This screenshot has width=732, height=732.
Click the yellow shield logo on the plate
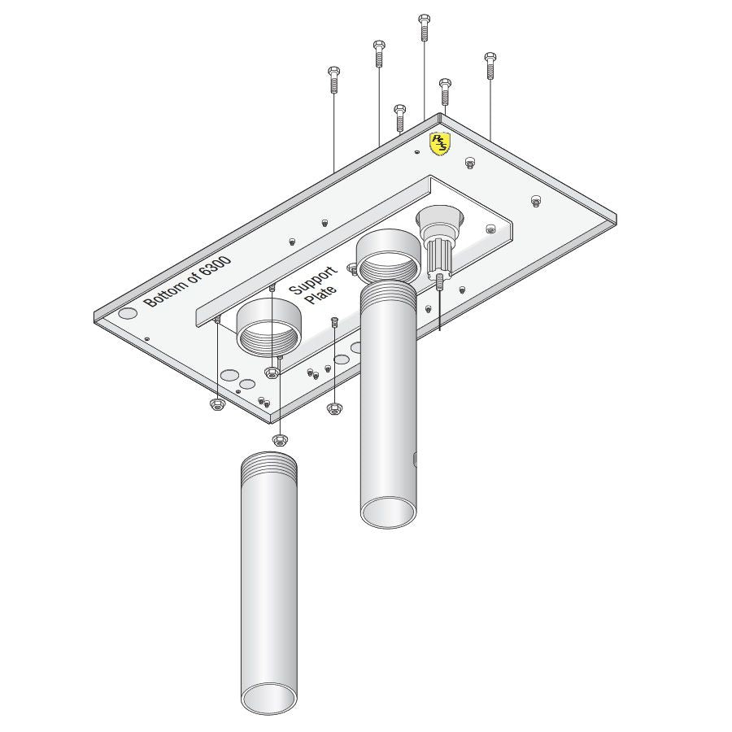pyautogui.click(x=440, y=144)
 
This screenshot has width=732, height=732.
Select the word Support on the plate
pyautogui.click(x=314, y=279)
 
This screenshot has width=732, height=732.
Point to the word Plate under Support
pyautogui.click(x=321, y=295)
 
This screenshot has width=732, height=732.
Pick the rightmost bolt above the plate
pyautogui.click(x=490, y=65)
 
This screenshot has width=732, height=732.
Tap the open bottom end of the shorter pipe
pyautogui.click(x=388, y=512)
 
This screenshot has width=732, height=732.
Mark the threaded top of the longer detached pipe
pyautogui.click(x=269, y=464)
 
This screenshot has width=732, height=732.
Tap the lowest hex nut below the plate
pyautogui.click(x=279, y=439)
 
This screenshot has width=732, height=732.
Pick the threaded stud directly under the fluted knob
pyautogui.click(x=439, y=281)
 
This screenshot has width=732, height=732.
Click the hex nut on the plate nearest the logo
pyautogui.click(x=470, y=163)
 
